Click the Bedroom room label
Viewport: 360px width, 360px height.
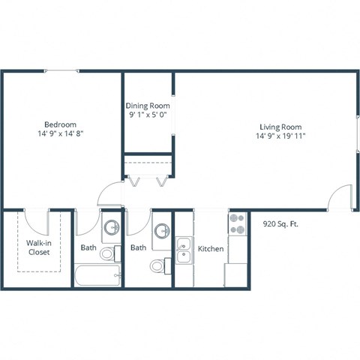[x=59, y=124]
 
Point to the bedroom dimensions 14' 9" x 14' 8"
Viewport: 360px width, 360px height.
[x=59, y=134]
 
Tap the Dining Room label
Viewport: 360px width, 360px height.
[x=147, y=106]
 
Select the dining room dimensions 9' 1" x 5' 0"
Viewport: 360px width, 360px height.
[x=147, y=115]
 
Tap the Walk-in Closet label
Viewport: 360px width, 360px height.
[x=39, y=247]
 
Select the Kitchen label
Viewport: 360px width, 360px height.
[x=210, y=247]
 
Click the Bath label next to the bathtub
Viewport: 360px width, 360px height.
[x=88, y=247]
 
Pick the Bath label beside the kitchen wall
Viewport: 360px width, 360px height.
[x=138, y=247]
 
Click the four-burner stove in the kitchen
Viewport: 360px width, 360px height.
[x=238, y=223]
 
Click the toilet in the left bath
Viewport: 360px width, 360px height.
[x=107, y=253]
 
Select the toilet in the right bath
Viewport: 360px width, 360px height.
[x=158, y=265]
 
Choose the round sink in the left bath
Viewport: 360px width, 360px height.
[x=112, y=226]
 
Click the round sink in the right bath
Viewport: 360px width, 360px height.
[x=161, y=229]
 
